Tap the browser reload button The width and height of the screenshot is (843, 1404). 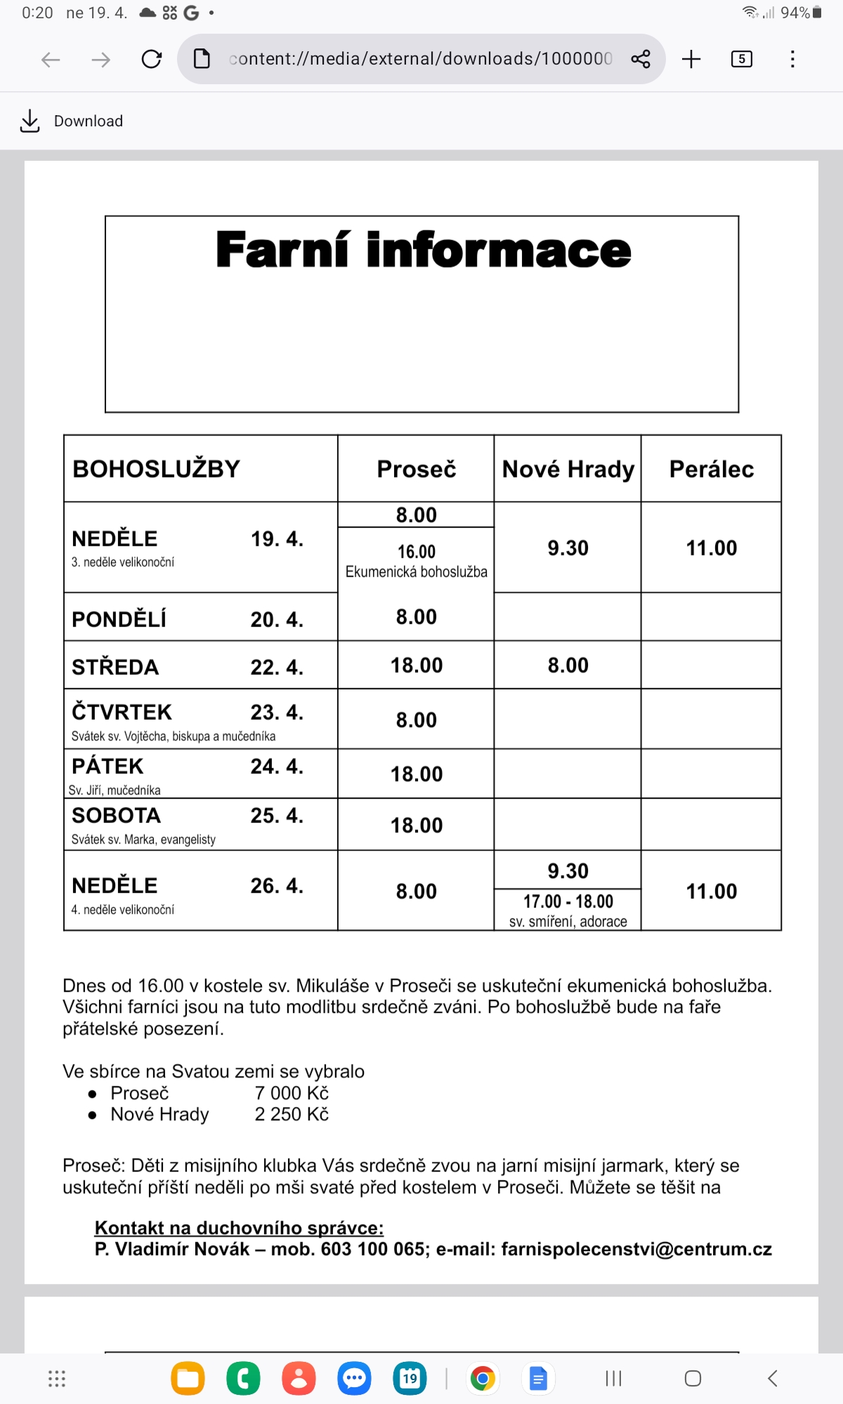click(x=151, y=59)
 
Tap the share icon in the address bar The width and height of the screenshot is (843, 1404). click(x=640, y=59)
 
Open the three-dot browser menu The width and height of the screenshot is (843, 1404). click(x=792, y=59)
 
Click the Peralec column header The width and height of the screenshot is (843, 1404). click(x=711, y=469)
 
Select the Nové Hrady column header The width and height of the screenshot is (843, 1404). click(x=568, y=469)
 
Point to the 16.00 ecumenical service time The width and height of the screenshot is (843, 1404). click(x=417, y=552)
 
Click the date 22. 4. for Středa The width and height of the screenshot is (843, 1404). click(x=277, y=667)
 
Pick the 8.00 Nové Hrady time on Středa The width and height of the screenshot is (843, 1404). click(x=568, y=665)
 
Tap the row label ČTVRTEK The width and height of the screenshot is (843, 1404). click(x=122, y=712)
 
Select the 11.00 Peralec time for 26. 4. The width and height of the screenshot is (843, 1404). click(x=711, y=892)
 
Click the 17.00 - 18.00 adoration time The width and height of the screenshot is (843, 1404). click(x=568, y=901)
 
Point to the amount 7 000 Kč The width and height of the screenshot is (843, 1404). click(x=292, y=1093)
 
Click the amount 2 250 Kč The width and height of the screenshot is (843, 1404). click(x=292, y=1114)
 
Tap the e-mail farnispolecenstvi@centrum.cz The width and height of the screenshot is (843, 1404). click(x=636, y=1250)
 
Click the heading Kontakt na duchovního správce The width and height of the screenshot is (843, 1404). click(x=239, y=1228)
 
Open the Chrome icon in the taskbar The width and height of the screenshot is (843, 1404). click(x=483, y=1379)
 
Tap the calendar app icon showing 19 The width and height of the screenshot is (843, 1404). click(x=410, y=1379)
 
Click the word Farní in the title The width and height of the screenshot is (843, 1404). click(x=282, y=250)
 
